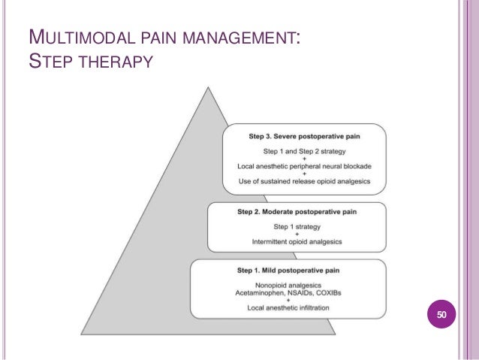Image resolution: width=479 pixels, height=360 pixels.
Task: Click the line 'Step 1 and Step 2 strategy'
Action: tap(303, 151)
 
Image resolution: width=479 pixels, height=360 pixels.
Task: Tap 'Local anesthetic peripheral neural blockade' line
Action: tap(303, 165)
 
